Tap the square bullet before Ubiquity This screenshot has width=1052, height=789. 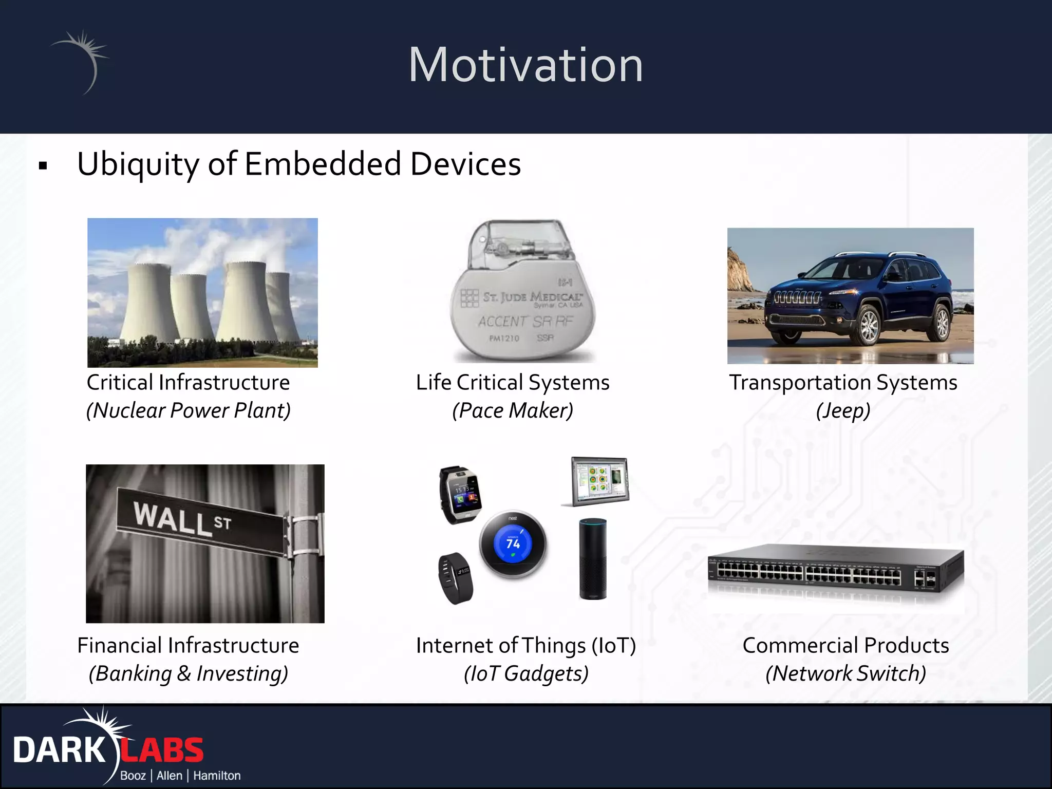click(43, 166)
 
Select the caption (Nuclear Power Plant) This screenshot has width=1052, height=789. click(189, 410)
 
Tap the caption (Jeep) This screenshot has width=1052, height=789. click(843, 411)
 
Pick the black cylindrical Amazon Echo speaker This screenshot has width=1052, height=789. click(593, 559)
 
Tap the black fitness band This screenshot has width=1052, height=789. click(455, 578)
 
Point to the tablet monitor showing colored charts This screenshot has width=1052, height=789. click(598, 481)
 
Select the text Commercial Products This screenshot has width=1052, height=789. click(846, 646)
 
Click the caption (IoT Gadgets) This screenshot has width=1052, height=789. click(526, 673)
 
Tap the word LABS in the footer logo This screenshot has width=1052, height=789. click(162, 750)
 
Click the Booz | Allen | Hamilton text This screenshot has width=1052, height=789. click(180, 776)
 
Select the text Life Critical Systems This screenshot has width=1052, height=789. click(513, 383)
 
